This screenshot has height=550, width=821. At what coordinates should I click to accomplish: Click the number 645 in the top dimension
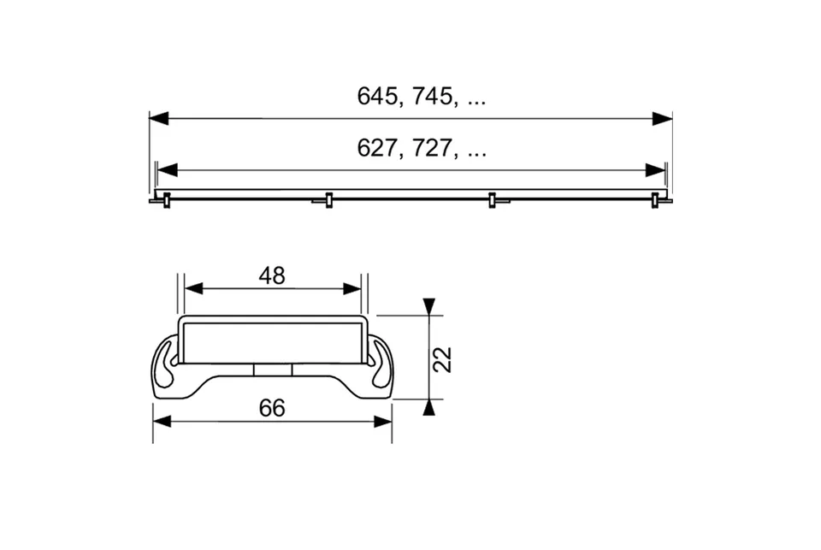pyautogui.click(x=377, y=97)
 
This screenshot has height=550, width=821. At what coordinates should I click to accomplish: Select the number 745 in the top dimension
pyautogui.click(x=432, y=97)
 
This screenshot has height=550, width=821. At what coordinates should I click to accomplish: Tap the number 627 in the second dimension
pyautogui.click(x=377, y=148)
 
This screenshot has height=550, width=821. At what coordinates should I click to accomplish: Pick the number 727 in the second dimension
pyautogui.click(x=432, y=148)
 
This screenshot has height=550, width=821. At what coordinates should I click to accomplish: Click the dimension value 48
pyautogui.click(x=272, y=276)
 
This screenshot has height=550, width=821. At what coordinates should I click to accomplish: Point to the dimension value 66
pyautogui.click(x=272, y=408)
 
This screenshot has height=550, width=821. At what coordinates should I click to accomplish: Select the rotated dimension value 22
pyautogui.click(x=443, y=359)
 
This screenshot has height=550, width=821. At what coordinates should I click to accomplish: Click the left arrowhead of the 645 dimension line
pyautogui.click(x=159, y=118)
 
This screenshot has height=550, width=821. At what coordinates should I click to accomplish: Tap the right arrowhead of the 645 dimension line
pyautogui.click(x=662, y=118)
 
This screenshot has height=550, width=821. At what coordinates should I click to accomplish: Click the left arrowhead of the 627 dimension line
pyautogui.click(x=167, y=170)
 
